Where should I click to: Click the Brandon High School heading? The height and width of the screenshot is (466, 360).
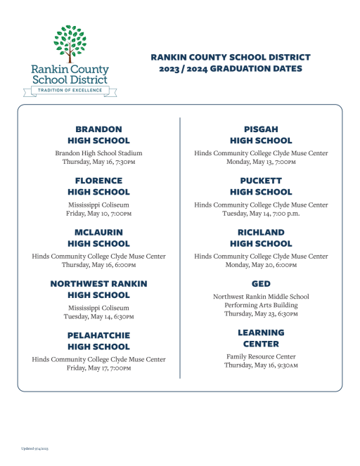point(98,135)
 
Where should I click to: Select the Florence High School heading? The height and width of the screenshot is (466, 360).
point(98,186)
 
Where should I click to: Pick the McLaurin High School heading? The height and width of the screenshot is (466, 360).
point(98,238)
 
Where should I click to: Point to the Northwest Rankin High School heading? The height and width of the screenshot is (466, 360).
point(98,290)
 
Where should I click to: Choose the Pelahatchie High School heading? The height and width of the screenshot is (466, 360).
point(98,341)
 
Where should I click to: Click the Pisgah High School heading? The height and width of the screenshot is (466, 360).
point(261,135)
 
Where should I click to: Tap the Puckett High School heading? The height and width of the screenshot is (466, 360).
point(261,186)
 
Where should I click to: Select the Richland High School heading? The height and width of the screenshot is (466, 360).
point(261,238)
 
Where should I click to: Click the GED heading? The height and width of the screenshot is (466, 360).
point(261,283)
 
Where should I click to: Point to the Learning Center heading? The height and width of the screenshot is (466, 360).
point(261,338)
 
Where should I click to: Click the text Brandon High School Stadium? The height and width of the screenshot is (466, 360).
point(98,153)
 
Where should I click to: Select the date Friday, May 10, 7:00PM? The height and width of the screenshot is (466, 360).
point(98,214)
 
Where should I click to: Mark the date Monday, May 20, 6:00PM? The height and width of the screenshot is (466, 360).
point(261,265)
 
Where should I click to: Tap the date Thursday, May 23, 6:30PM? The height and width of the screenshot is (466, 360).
point(261,314)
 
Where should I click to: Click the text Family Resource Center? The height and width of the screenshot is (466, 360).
point(261,356)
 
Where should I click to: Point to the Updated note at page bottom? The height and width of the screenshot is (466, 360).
point(32,448)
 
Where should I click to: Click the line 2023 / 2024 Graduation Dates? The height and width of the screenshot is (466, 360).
point(230,69)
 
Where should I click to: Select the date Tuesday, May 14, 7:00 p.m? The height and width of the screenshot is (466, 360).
point(261,214)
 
